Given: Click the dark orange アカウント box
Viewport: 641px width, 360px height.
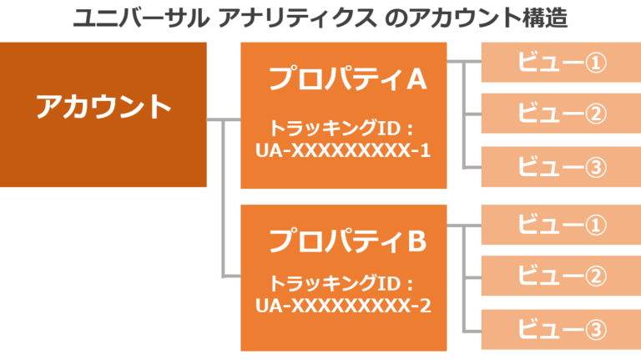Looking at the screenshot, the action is click(x=103, y=114).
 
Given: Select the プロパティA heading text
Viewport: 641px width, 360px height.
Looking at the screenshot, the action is click(x=347, y=79).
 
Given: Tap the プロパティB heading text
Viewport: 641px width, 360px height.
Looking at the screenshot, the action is click(x=347, y=240).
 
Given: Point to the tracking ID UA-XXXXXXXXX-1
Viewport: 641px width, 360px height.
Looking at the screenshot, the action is click(x=343, y=150).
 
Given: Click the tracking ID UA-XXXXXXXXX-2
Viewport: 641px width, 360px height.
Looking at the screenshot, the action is click(x=343, y=306).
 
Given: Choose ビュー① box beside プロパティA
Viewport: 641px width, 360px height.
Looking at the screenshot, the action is click(x=561, y=62).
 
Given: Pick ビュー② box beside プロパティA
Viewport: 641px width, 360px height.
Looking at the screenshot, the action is click(x=561, y=114).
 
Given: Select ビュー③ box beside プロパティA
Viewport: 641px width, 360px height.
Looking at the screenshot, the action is click(x=561, y=167).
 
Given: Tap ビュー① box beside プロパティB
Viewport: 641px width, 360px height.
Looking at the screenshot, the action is click(x=561, y=225).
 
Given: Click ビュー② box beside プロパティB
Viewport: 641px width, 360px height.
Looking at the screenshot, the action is click(x=561, y=276).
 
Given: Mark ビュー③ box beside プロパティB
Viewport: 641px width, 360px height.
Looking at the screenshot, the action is click(x=561, y=329).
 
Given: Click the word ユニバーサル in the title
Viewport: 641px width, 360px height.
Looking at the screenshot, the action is click(x=141, y=18).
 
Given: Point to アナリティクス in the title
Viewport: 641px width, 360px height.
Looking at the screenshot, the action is click(x=297, y=18).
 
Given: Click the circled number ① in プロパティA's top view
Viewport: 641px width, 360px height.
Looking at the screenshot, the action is click(x=596, y=63).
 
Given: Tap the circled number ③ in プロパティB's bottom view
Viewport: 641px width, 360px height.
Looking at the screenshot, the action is click(x=596, y=330).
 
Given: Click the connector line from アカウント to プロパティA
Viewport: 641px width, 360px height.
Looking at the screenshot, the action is click(x=224, y=119).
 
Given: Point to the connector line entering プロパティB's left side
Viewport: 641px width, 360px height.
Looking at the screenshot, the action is click(x=231, y=277).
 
